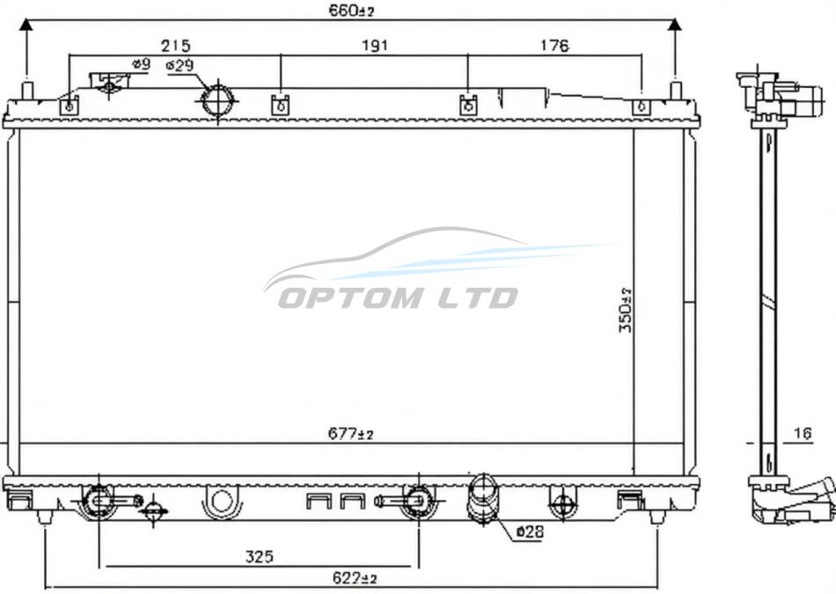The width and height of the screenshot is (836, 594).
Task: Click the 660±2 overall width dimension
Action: point(351,11)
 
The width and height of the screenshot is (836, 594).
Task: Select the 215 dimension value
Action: point(175,46)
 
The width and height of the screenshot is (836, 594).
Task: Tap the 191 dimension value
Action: point(375,46)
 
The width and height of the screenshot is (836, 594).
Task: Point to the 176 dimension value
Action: point(554,46)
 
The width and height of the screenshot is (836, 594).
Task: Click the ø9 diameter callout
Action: point(142,64)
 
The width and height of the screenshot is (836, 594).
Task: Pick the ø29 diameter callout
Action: point(180,66)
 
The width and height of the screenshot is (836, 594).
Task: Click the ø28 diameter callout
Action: point(531,532)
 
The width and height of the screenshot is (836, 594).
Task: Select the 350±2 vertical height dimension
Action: point(625,309)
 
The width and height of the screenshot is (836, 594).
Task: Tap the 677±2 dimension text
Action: point(350,435)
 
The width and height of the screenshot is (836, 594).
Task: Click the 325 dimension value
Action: point(259,556)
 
